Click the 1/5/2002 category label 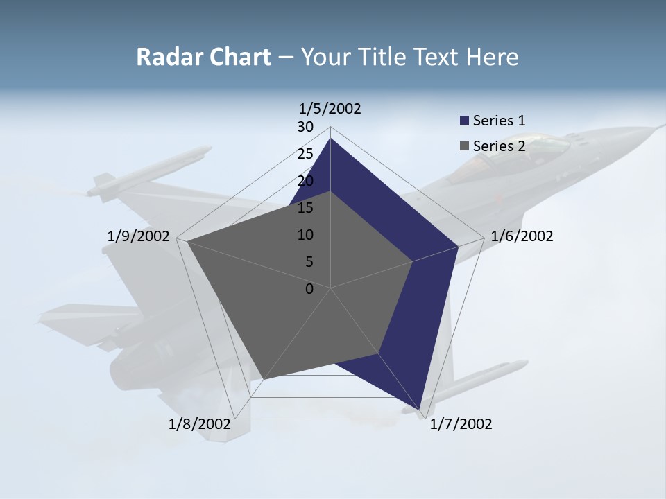(330, 108)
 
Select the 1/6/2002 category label (522, 236)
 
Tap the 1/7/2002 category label (461, 424)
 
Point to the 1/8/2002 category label (199, 424)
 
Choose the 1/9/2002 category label (139, 236)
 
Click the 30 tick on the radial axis (305, 127)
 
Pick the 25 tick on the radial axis (305, 154)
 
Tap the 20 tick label (305, 181)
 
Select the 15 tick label (305, 208)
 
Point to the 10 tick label (305, 235)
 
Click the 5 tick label (309, 262)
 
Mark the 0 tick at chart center (309, 289)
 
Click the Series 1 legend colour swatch (464, 121)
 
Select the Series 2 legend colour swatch (464, 146)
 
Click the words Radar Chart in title (203, 57)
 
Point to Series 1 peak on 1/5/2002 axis (330, 139)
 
